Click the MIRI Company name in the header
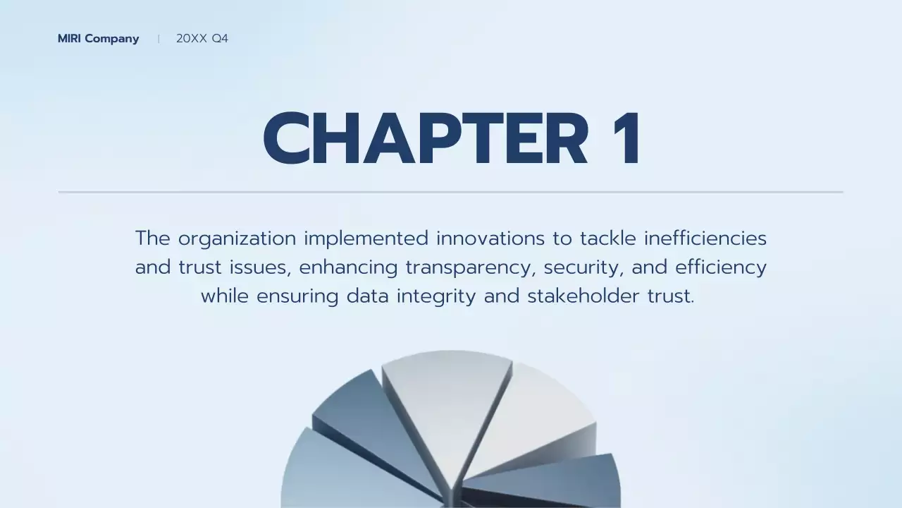coord(98,39)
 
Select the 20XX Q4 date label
coord(202,39)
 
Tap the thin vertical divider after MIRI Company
coord(159,39)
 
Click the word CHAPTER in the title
coord(425,139)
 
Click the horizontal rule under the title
coord(451,191)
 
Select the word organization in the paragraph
coord(237,238)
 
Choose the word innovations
coord(490,238)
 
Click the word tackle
coord(608,238)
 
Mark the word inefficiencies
coord(705,238)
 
